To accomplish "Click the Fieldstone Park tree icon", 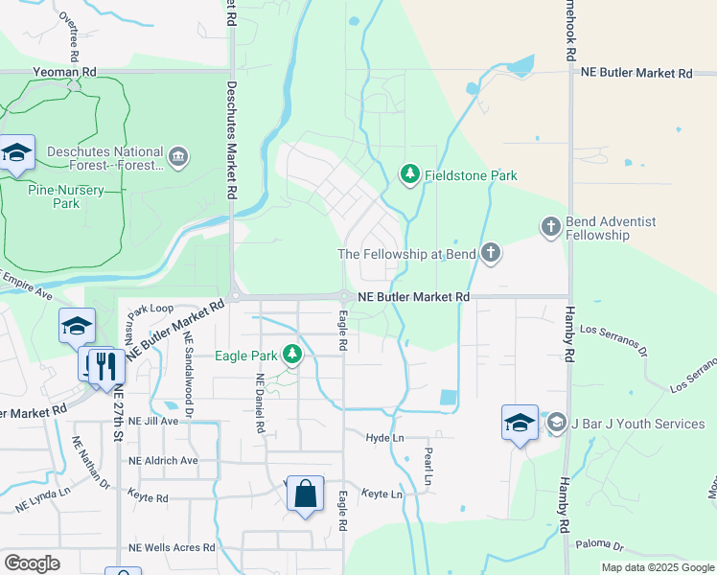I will coord(410,174).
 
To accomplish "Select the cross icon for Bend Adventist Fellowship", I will coord(550,227).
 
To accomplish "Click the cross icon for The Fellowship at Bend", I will coord(490,254).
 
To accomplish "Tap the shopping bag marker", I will coord(305,494).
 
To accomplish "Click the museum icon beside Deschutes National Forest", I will coord(177,157).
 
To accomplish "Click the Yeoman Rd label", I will coord(64,72).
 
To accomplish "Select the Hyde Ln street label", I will coord(384,437).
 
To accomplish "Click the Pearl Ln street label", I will coord(428,465).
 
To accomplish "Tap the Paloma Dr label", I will coord(599,545).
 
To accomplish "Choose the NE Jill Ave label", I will coord(153,421).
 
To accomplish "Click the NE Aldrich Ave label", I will coord(162,460).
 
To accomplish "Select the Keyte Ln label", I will coord(382,494).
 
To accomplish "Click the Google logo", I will coord(32,563).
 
